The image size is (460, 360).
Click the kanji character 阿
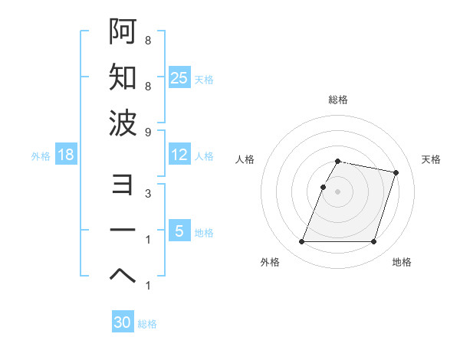pyautogui.click(x=123, y=33)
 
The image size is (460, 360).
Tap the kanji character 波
pyautogui.click(x=123, y=123)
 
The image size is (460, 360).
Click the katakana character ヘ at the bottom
pyautogui.click(x=123, y=277)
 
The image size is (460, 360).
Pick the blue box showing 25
pyautogui.click(x=179, y=78)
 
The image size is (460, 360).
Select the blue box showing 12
pyautogui.click(x=179, y=155)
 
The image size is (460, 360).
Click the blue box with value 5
pyautogui.click(x=179, y=231)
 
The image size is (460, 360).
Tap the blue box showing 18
pyautogui.click(x=66, y=155)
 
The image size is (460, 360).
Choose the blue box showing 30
pyautogui.click(x=123, y=322)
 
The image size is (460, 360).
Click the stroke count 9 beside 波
pyautogui.click(x=147, y=131)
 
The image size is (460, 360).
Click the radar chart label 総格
pyautogui.click(x=338, y=100)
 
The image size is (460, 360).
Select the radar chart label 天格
pyautogui.click(x=431, y=159)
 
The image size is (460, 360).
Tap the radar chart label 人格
pyautogui.click(x=245, y=159)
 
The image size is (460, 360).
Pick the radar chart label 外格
pyautogui.click(x=269, y=263)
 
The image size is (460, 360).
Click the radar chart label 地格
pyautogui.click(x=402, y=263)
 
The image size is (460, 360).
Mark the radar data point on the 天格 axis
pyautogui.click(x=396, y=173)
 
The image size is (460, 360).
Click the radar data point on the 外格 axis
pyautogui.click(x=302, y=242)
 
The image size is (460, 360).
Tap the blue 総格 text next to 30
pyautogui.click(x=147, y=324)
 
